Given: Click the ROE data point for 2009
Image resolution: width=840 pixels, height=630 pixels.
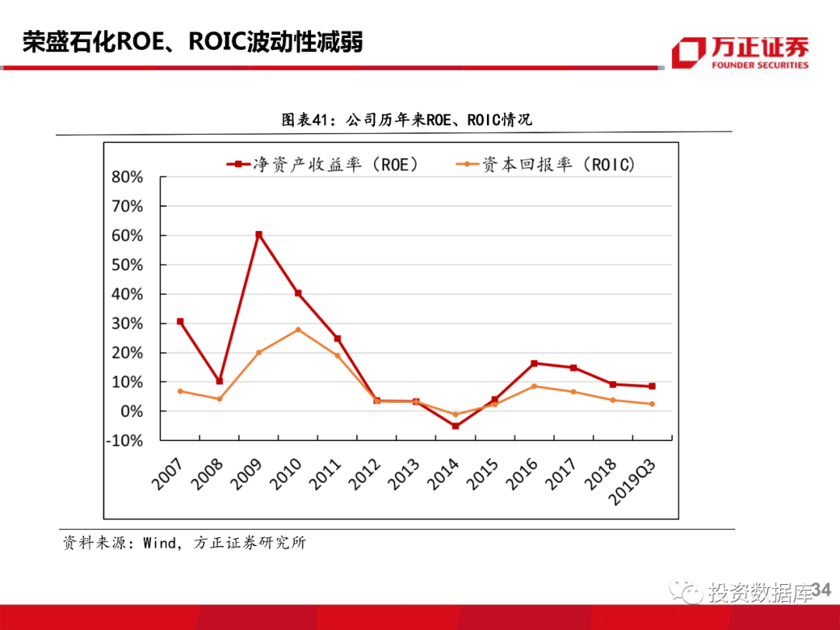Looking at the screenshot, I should click(258, 234).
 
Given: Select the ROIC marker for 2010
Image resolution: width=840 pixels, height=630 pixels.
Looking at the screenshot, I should click(298, 330).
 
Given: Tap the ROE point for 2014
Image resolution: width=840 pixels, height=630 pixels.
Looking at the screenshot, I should click(455, 426).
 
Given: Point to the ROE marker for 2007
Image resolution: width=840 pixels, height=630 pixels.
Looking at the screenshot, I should click(180, 321).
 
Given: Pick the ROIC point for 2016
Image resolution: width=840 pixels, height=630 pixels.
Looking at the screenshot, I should click(534, 386).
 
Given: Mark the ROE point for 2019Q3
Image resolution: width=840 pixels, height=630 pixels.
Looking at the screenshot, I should click(652, 386).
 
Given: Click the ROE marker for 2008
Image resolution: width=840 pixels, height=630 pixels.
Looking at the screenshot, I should click(219, 381).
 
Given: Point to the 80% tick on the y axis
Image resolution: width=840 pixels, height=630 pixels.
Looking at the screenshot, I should click(127, 177).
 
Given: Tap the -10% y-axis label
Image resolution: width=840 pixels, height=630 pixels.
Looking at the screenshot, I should click(124, 440).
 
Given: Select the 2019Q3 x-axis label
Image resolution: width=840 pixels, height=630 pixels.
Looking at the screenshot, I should click(632, 482).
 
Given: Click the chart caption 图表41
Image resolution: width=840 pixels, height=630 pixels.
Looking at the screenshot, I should click(306, 121).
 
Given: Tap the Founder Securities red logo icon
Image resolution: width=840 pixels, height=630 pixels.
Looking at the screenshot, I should click(688, 52).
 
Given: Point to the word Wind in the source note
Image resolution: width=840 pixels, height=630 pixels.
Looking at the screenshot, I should click(159, 543).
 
